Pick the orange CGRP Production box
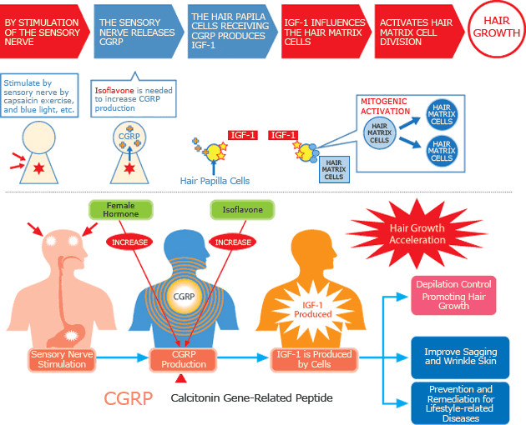pos(183,359)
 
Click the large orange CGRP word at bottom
pos(128,398)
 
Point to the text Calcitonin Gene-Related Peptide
pos(251,398)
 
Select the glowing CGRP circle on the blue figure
pos(183,295)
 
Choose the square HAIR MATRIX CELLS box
pos(333,169)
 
